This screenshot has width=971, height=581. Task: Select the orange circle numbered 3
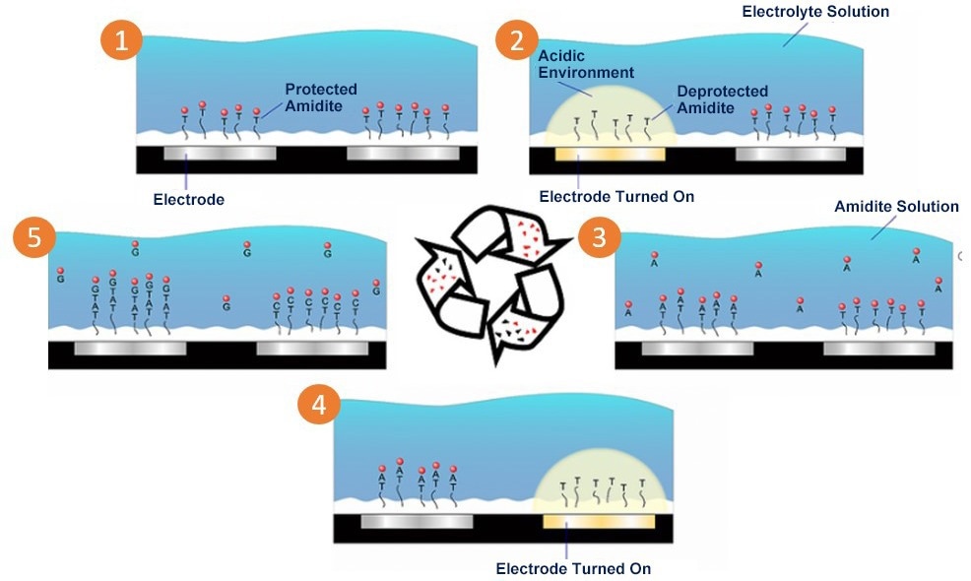(x=597, y=238)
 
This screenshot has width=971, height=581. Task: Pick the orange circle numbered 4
(x=320, y=405)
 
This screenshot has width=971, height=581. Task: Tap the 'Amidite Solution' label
(x=896, y=207)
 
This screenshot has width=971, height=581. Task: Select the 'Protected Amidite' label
(x=320, y=97)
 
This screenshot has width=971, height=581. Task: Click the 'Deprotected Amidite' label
(x=722, y=99)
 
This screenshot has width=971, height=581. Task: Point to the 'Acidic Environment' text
(x=585, y=64)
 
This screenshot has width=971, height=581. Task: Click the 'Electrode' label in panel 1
(x=189, y=199)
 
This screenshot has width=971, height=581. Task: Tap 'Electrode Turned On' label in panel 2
(x=616, y=197)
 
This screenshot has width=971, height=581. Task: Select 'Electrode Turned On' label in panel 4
(x=573, y=568)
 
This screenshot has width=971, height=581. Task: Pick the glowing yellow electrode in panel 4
(x=599, y=521)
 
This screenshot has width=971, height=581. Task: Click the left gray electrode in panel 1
(x=220, y=154)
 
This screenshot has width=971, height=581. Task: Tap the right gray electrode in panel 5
(x=311, y=349)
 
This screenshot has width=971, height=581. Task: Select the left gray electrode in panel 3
(x=697, y=349)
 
